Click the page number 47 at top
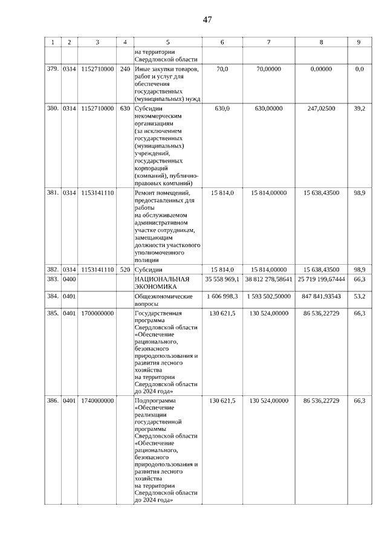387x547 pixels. (x=207, y=20)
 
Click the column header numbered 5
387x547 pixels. (x=167, y=42)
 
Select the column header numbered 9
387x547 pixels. (x=359, y=42)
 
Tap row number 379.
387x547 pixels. (x=53, y=70)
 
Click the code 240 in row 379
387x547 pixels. (x=125, y=70)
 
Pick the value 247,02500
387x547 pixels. (x=321, y=108)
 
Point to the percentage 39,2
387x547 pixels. (x=359, y=108)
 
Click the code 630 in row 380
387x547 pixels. (x=125, y=108)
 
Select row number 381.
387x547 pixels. (x=53, y=193)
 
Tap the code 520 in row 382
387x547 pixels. (x=125, y=269)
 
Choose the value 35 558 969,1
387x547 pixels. (x=223, y=279)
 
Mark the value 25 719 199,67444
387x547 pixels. (x=321, y=279)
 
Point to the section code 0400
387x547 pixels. (x=69, y=279)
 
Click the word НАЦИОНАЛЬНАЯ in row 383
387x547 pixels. (x=161, y=279)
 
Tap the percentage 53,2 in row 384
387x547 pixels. (x=359, y=297)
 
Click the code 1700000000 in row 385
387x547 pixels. (x=97, y=314)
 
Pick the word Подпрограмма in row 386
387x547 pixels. (x=155, y=401)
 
